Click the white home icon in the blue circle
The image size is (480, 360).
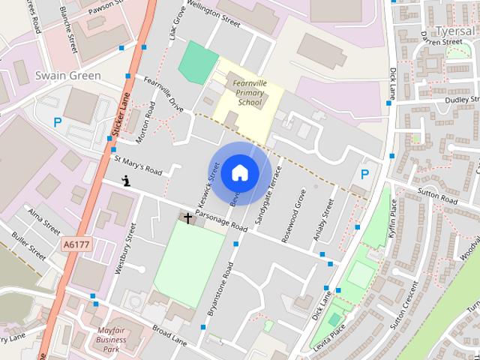[239, 172]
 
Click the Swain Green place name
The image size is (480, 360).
[68, 76]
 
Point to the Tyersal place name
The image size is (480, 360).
[454, 31]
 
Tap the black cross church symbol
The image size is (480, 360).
[187, 218]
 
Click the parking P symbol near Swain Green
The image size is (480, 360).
[57, 122]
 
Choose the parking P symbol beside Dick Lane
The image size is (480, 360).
[365, 175]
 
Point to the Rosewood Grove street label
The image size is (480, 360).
[293, 218]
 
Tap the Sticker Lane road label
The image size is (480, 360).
[121, 112]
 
